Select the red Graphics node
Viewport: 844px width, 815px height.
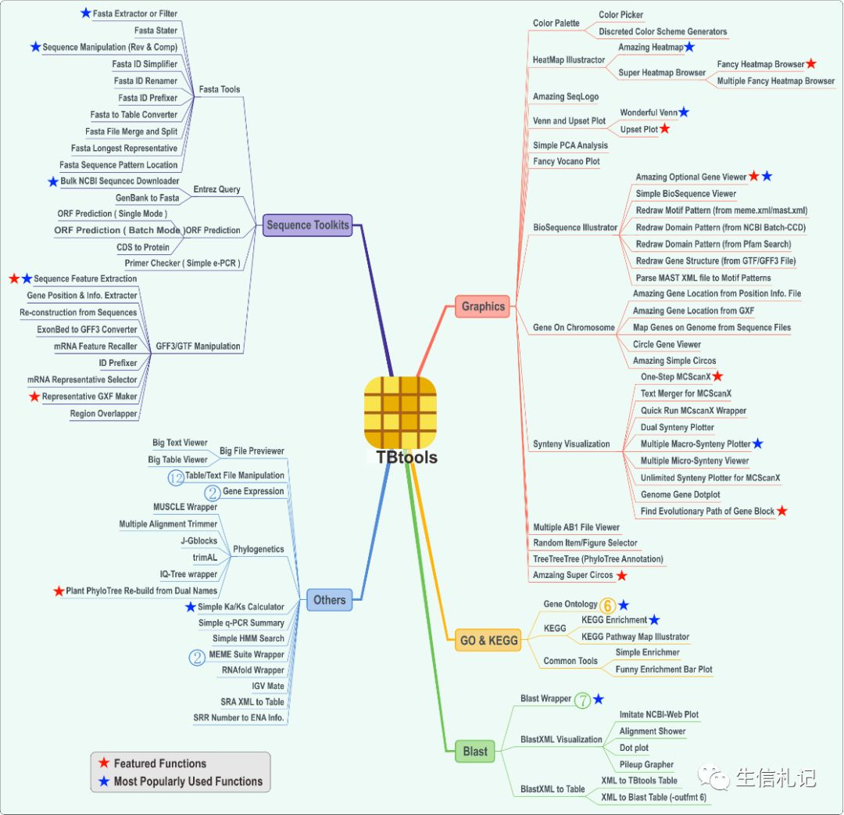tap(483, 307)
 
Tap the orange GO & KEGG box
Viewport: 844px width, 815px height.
tap(488, 641)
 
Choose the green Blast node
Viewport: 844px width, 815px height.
tap(475, 752)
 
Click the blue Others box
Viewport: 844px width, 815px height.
tap(329, 600)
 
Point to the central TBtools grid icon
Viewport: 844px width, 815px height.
tap(400, 412)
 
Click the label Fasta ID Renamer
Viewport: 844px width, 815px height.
tap(145, 81)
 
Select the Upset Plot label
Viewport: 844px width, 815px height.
tap(638, 129)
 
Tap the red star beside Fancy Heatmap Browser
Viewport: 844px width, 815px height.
tap(811, 63)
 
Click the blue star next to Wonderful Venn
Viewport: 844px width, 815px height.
tap(684, 113)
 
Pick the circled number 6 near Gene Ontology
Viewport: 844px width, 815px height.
tap(608, 605)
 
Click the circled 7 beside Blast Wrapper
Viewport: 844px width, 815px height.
tap(582, 700)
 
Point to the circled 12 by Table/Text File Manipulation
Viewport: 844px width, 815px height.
tap(176, 476)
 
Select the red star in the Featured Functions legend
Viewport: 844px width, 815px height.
tap(103, 763)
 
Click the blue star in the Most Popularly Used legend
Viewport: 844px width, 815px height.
tap(103, 781)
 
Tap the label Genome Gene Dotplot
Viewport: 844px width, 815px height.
tap(680, 494)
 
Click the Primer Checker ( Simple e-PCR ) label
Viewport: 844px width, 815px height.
tap(182, 263)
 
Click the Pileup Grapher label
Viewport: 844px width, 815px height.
tap(646, 764)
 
